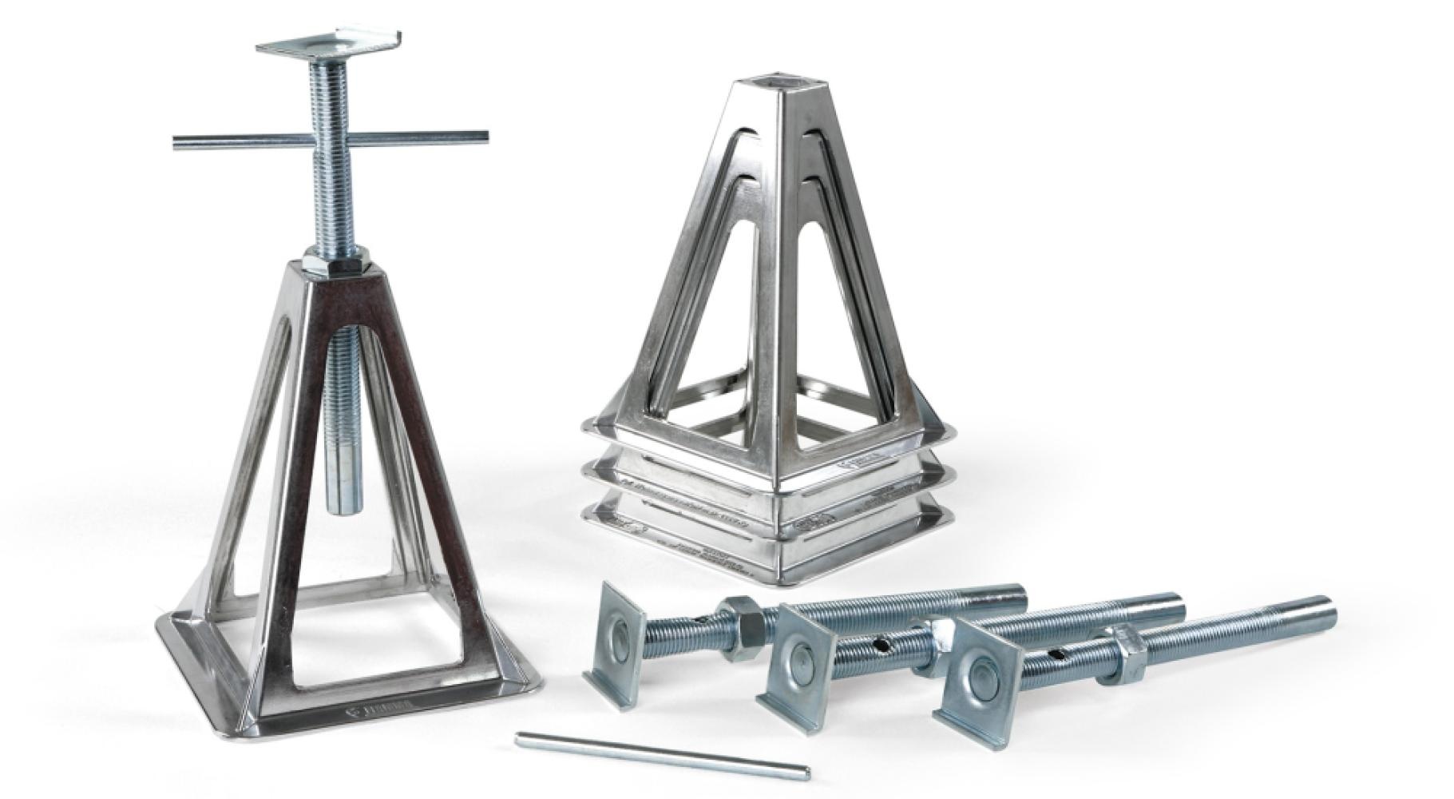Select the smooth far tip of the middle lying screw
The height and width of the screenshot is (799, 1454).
1170,601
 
